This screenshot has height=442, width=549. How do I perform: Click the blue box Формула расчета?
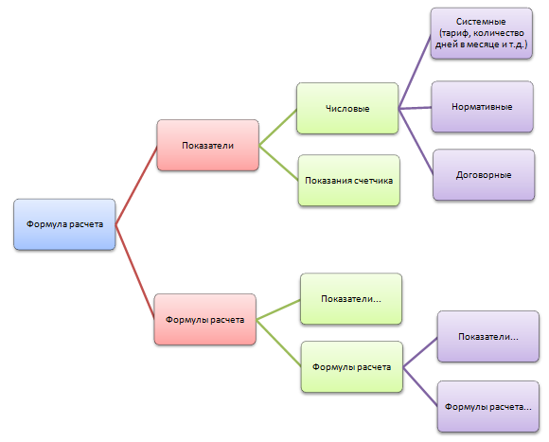[64, 224]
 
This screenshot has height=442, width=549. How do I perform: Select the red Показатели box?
[208, 145]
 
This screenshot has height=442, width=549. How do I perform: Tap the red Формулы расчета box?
[205, 320]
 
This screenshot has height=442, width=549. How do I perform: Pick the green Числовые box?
[347, 108]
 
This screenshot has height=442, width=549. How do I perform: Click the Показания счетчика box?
[349, 180]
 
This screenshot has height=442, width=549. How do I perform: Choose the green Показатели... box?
[351, 299]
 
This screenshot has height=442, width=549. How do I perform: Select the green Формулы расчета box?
[352, 367]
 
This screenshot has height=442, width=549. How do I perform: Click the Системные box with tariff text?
[482, 33]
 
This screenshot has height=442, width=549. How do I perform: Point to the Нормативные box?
[483, 107]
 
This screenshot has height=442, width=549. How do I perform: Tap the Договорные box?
[484, 175]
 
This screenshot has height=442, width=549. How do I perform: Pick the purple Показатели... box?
[488, 336]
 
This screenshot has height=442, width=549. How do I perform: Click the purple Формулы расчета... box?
[488, 407]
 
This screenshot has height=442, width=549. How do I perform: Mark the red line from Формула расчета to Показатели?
[136, 186]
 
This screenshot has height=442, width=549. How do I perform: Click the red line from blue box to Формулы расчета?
[134, 272]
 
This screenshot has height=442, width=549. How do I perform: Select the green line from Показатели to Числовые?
[277, 127]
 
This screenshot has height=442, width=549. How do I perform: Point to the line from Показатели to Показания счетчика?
[278, 163]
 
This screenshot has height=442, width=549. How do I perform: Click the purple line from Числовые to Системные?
[415, 71]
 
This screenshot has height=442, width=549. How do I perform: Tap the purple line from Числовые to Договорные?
[416, 142]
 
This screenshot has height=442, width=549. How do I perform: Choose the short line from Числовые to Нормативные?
[415, 108]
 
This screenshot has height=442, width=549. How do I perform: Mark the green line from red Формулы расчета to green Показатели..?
[278, 309]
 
